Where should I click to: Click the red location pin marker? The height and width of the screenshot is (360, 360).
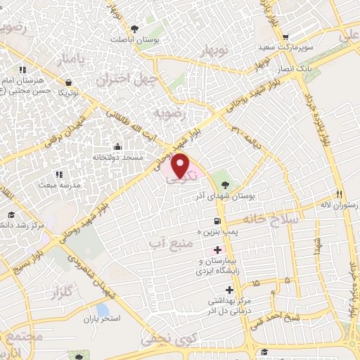[x=181, y=166]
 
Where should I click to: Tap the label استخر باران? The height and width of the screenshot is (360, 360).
[x=101, y=319]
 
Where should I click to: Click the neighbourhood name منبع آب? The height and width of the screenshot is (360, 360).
[x=167, y=243]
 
